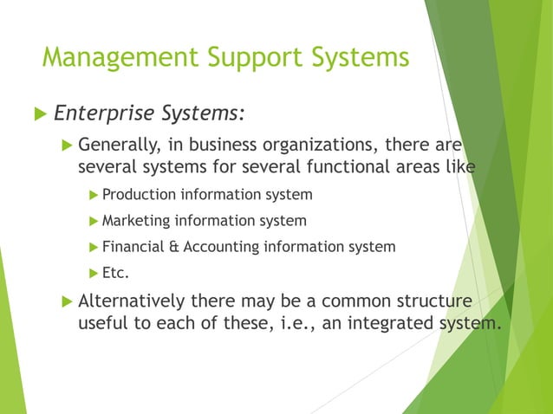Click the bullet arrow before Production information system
pyautogui.click(x=94, y=194)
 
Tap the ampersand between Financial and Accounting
pyautogui.click(x=175, y=247)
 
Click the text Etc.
pyautogui.click(x=116, y=274)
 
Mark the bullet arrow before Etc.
pyautogui.click(x=94, y=274)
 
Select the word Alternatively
pyautogui.click(x=132, y=302)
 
